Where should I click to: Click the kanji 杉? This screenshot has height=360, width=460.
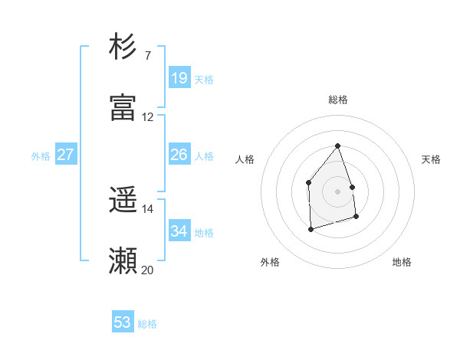pyautogui.click(x=123, y=47)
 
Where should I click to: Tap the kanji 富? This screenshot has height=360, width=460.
pyautogui.click(x=123, y=108)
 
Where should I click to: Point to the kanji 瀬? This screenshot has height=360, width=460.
pyautogui.click(x=123, y=261)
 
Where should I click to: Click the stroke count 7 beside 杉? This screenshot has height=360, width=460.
pyautogui.click(x=147, y=56)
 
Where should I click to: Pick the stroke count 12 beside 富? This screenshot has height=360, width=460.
pyautogui.click(x=148, y=117)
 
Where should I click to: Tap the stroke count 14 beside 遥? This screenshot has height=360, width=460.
pyautogui.click(x=148, y=209)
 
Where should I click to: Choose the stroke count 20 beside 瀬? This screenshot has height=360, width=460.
pyautogui.click(x=148, y=270)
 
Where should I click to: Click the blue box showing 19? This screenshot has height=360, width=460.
pyautogui.click(x=179, y=78)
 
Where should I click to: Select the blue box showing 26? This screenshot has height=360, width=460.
pyautogui.click(x=179, y=155)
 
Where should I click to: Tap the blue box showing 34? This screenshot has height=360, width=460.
pyautogui.click(x=179, y=231)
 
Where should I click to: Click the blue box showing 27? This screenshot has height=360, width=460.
pyautogui.click(x=66, y=155)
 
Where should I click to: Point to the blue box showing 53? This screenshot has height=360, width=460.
pyautogui.click(x=123, y=322)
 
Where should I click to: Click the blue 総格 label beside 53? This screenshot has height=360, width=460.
pyautogui.click(x=147, y=324)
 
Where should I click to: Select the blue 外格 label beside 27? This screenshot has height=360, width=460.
pyautogui.click(x=41, y=156)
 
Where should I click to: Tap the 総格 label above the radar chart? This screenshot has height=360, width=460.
pyautogui.click(x=338, y=100)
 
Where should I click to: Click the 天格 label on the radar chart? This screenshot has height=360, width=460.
pyautogui.click(x=432, y=159)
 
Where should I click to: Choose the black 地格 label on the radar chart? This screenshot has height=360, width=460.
pyautogui.click(x=402, y=262)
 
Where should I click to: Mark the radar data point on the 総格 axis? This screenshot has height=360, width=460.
pyautogui.click(x=337, y=146)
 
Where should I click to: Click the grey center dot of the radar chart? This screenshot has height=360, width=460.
pyautogui.click(x=337, y=191)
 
